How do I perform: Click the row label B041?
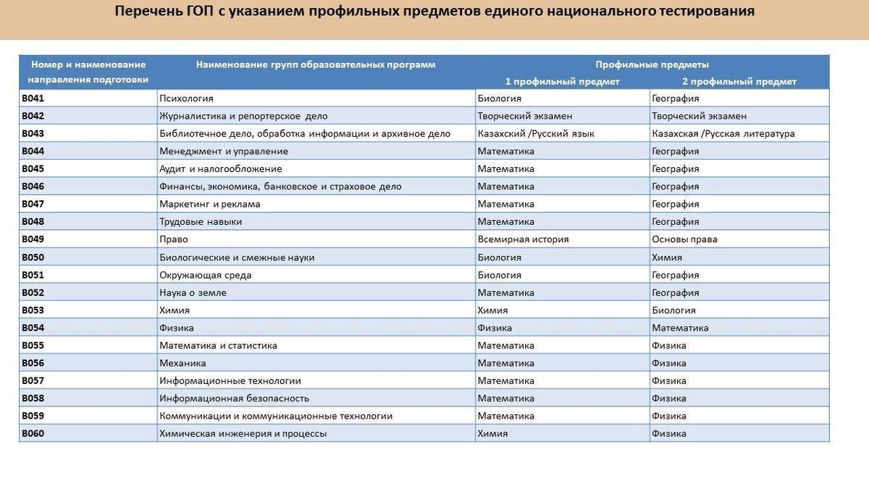click(33, 98)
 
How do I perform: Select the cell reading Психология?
click(186, 98)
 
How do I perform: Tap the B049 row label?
click(33, 239)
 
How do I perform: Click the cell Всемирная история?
click(523, 239)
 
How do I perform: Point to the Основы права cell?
click(684, 239)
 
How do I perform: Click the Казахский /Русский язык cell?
click(536, 134)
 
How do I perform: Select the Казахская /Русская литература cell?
click(723, 134)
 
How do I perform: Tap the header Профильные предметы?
click(652, 64)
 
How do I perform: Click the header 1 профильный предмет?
click(562, 82)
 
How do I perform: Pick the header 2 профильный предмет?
click(739, 82)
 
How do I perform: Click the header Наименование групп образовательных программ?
click(316, 64)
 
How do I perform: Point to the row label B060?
click(33, 434)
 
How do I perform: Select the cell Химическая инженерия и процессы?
click(243, 434)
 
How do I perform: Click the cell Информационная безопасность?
click(234, 398)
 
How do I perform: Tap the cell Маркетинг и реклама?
click(209, 204)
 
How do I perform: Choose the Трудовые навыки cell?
click(201, 222)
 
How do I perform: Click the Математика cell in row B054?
click(680, 328)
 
